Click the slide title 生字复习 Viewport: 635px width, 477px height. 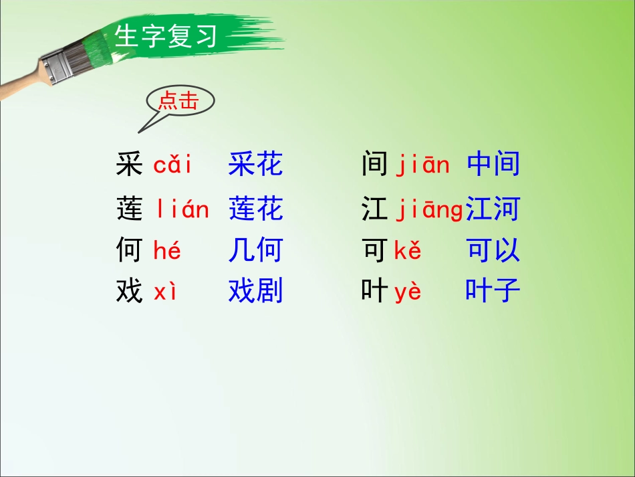[x=166, y=36]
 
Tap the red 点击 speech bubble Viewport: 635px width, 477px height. [x=178, y=102]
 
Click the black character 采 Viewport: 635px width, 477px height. [x=129, y=165]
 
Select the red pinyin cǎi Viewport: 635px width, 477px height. [x=172, y=165]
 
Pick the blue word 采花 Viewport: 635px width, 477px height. [x=255, y=165]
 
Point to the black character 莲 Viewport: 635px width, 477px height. [x=129, y=210]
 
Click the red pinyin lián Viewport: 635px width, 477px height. [x=182, y=210]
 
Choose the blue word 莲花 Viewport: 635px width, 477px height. [x=255, y=210]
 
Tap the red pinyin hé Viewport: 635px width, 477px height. [x=167, y=251]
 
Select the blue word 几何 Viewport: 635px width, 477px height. [x=255, y=251]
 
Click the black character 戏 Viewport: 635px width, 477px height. [x=129, y=292]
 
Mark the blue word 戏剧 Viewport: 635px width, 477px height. [x=255, y=292]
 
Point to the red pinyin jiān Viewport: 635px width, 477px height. [x=423, y=165]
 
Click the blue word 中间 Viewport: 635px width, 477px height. [x=493, y=165]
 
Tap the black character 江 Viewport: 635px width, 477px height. [x=374, y=210]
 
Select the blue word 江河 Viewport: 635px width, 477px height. [x=493, y=210]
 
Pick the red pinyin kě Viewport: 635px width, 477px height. [x=408, y=251]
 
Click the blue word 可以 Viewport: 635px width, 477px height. [x=493, y=251]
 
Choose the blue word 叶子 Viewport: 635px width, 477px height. [x=493, y=292]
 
